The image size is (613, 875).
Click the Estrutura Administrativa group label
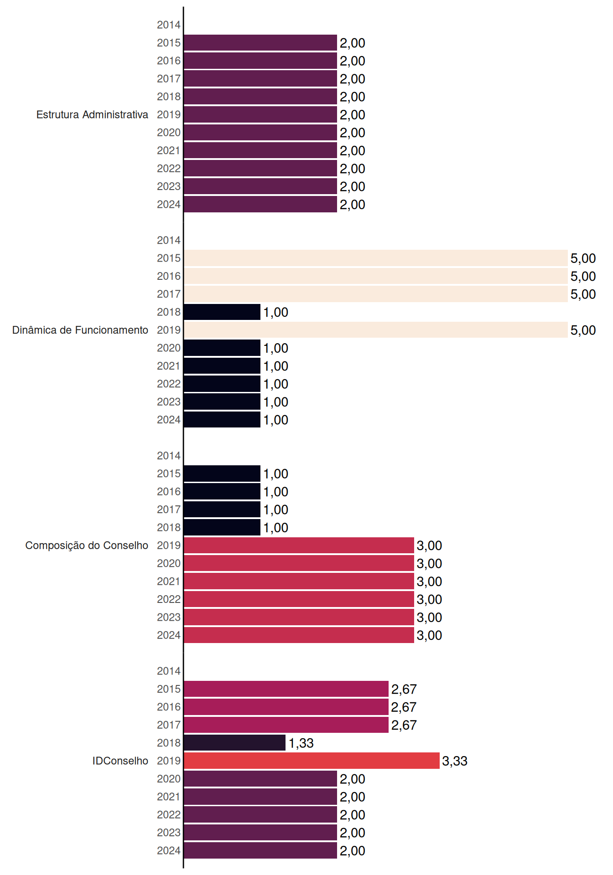point(92,114)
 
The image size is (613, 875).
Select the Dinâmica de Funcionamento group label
point(80,330)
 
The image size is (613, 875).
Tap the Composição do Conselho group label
point(87,546)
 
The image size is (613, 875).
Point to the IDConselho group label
point(120,761)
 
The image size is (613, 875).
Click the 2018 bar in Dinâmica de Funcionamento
point(222,312)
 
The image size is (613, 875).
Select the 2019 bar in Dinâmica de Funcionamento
point(376,330)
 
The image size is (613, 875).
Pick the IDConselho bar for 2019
point(312,761)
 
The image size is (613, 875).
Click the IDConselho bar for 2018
point(235,743)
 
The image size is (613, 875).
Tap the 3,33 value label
point(455,761)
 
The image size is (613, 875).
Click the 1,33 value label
point(301,743)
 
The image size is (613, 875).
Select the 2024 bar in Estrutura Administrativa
point(260,204)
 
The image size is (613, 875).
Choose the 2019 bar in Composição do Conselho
point(299,546)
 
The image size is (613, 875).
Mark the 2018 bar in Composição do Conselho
point(222,527)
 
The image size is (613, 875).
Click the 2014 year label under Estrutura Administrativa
point(169,25)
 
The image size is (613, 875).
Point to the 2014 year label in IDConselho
point(169,671)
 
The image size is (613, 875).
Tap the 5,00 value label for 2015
point(583,258)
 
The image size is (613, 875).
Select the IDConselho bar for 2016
point(286,707)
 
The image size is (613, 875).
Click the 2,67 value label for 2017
point(404,725)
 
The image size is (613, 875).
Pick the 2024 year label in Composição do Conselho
point(169,635)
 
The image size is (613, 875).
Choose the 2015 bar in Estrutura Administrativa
point(260,43)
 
